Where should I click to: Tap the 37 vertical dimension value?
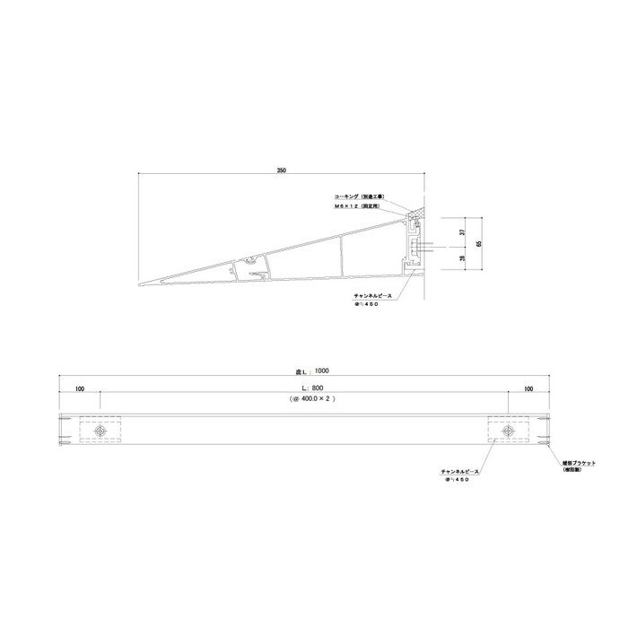pos(461,231)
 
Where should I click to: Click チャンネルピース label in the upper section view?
pos(362,294)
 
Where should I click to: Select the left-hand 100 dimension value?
pos(80,389)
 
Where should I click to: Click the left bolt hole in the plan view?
pos(100,432)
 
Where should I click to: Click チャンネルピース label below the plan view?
pos(460,471)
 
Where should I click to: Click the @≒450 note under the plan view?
pos(457,480)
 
